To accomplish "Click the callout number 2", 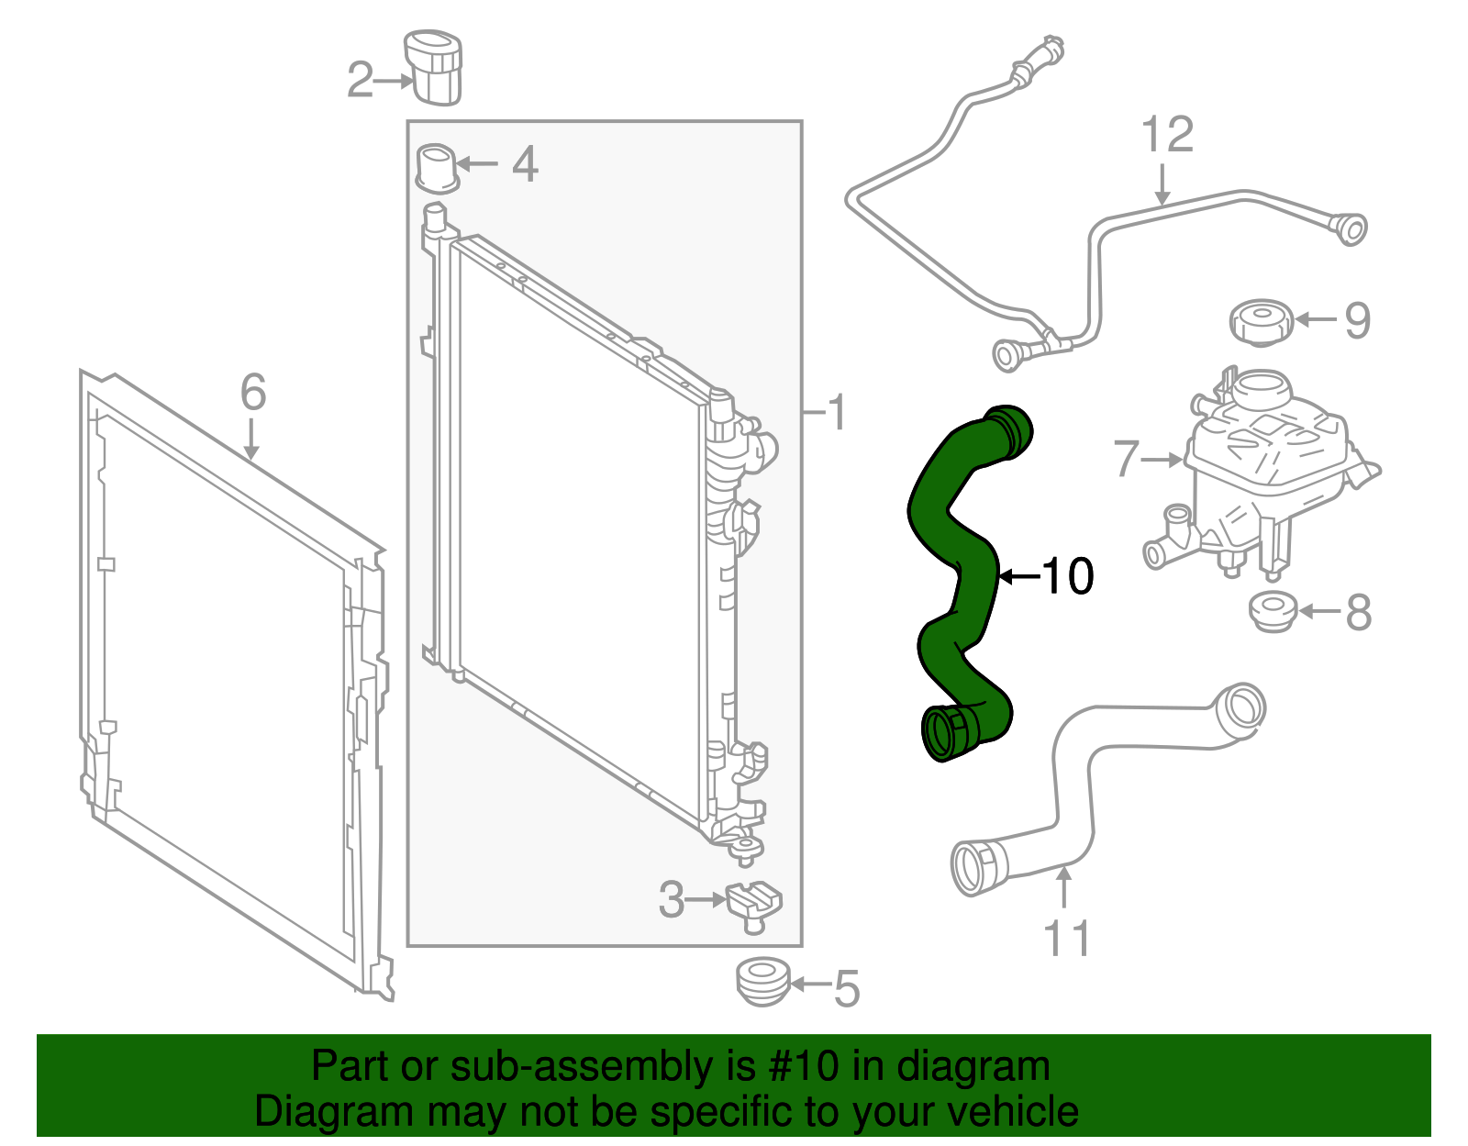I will [x=360, y=81].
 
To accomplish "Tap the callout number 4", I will [x=525, y=165].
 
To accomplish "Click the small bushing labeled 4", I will [x=438, y=168].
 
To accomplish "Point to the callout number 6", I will [x=253, y=393].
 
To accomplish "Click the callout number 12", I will [x=1167, y=136].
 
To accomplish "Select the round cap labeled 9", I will [x=1261, y=322].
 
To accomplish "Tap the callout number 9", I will [x=1357, y=320].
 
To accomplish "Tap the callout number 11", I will [x=1067, y=939].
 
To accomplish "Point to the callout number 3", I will [x=671, y=900].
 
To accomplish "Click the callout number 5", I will [x=846, y=989].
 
